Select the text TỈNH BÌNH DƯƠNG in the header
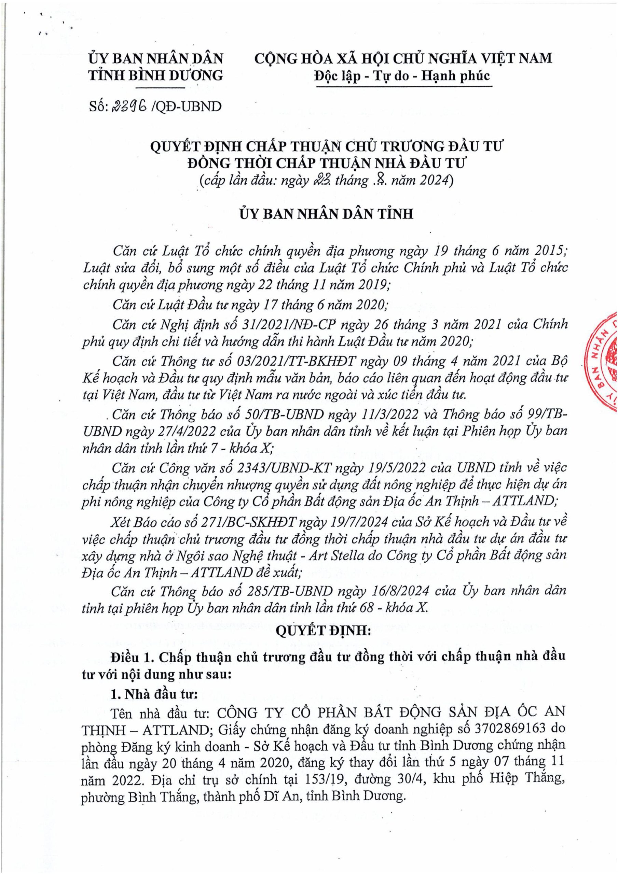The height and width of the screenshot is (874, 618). [x=155, y=76]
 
